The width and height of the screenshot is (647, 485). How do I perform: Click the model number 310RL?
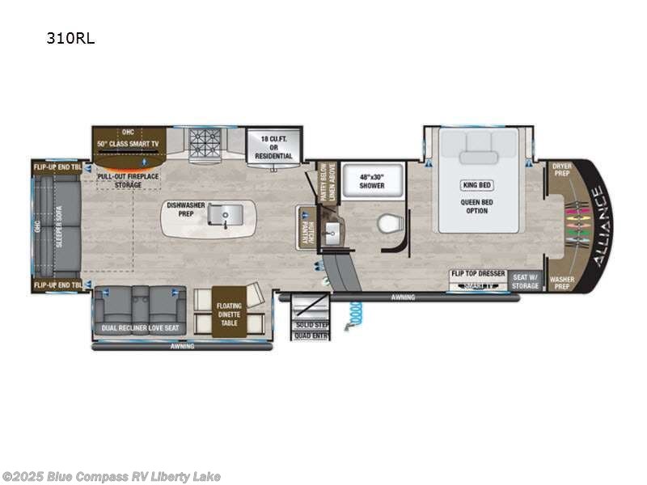click(x=71, y=38)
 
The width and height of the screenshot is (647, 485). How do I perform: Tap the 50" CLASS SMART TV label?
click(x=129, y=143)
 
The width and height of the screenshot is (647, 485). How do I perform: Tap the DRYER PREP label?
click(x=561, y=169)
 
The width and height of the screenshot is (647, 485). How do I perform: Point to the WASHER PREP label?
click(x=561, y=282)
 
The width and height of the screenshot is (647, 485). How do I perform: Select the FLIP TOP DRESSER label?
click(x=477, y=274)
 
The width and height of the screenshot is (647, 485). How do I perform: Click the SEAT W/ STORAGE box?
click(x=525, y=280)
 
